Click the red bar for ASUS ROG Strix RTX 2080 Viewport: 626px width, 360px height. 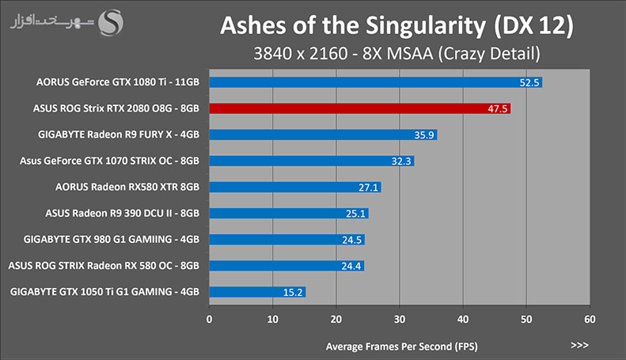click(x=360, y=108)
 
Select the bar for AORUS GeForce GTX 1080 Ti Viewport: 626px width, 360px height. click(x=376, y=82)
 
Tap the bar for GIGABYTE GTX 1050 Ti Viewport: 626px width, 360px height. click(x=257, y=292)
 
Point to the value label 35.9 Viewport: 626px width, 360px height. click(x=424, y=135)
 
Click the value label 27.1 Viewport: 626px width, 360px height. click(x=368, y=188)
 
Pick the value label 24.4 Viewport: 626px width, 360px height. click(x=351, y=266)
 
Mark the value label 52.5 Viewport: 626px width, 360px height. click(x=529, y=82)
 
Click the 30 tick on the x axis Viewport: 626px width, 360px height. click(x=400, y=320)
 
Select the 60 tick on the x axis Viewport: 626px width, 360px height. click(x=590, y=320)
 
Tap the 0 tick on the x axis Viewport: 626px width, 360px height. click(x=209, y=320)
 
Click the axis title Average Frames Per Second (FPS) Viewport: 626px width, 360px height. click(x=401, y=347)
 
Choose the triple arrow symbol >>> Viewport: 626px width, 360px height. click(x=579, y=345)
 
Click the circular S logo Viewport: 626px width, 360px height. click(x=111, y=23)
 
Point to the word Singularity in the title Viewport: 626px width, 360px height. click(x=426, y=26)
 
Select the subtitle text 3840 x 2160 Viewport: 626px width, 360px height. click(x=301, y=54)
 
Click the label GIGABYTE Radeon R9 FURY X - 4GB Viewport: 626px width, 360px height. click(x=119, y=135)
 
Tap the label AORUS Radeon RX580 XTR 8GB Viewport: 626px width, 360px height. click(x=127, y=187)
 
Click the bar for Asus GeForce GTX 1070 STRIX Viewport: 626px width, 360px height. click(x=312, y=161)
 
